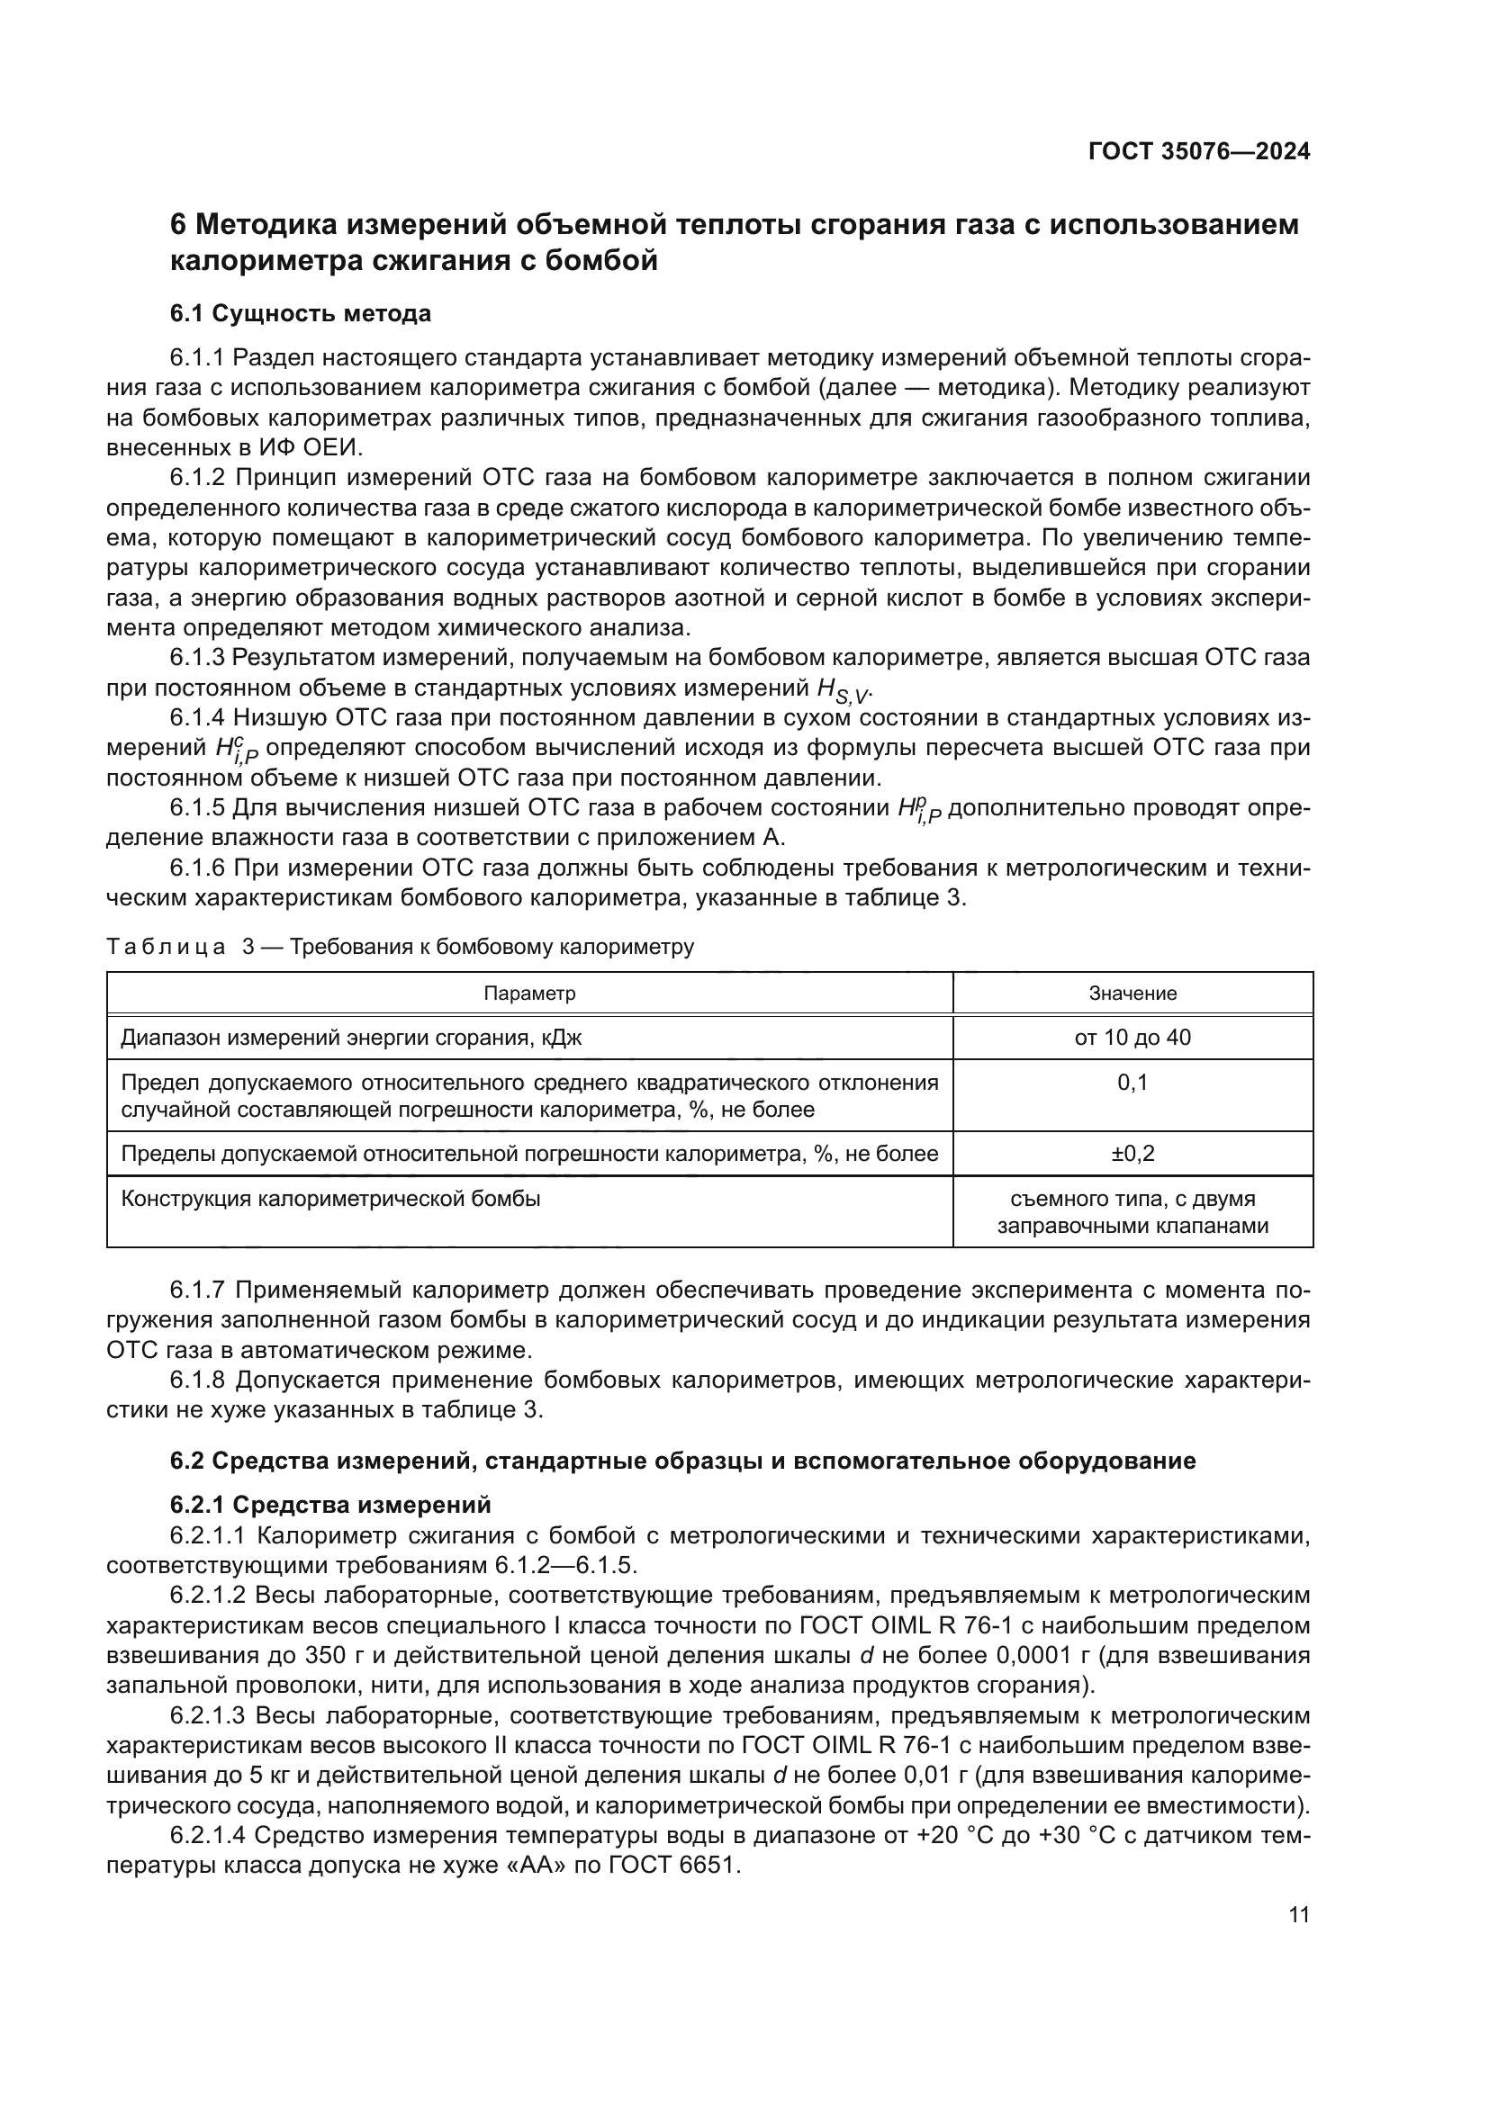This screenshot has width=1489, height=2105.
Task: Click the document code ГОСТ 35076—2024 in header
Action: click(x=1198, y=151)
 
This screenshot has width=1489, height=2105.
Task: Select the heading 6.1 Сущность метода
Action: click(x=300, y=313)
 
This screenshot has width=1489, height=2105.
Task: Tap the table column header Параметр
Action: click(x=529, y=993)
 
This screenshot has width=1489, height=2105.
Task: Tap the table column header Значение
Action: click(x=1133, y=993)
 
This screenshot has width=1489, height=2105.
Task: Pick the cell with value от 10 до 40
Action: click(x=1133, y=1037)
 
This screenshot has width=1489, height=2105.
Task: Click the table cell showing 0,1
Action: click(x=1133, y=1083)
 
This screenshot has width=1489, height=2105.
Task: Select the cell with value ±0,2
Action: click(x=1133, y=1154)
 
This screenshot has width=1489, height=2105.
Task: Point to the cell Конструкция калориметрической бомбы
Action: click(x=330, y=1198)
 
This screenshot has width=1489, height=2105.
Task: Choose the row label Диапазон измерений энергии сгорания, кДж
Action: click(x=351, y=1038)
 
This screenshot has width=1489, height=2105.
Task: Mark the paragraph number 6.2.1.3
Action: click(x=207, y=1715)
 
